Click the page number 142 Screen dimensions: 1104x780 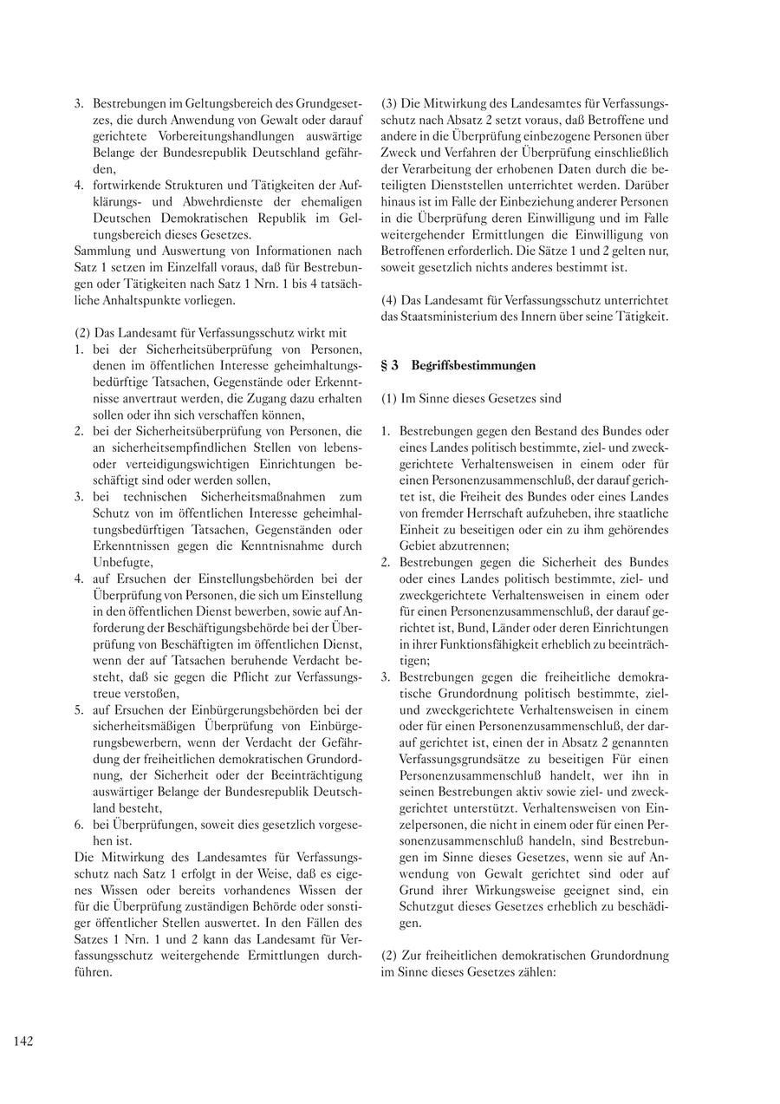tap(23, 1042)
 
